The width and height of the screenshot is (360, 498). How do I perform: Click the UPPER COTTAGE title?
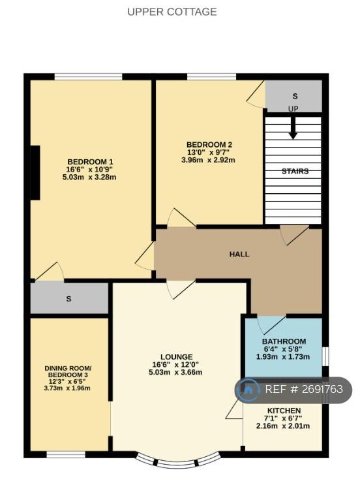(172, 12)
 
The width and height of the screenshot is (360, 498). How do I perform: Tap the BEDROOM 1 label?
(90, 162)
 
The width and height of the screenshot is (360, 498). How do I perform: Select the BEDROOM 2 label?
(209, 144)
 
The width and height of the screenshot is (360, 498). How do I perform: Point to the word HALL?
(239, 254)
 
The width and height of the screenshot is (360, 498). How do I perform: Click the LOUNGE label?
(177, 357)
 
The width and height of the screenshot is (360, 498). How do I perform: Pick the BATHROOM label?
(284, 341)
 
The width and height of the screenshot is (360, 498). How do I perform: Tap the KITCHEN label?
(284, 411)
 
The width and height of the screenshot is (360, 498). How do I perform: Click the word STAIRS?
(295, 171)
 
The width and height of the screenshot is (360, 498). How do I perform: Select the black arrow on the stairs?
(293, 128)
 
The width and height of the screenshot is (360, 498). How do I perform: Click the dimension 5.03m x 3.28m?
(89, 178)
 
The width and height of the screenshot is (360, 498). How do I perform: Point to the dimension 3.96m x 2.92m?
(208, 160)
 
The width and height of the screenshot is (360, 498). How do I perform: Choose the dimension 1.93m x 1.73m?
(283, 356)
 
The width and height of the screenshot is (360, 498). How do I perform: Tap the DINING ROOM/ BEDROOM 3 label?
(68, 375)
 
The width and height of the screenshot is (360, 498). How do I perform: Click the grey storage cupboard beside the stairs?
(293, 96)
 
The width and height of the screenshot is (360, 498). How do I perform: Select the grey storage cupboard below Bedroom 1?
(69, 298)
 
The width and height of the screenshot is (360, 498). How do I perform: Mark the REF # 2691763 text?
(304, 389)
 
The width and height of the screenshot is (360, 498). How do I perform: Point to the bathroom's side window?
(325, 356)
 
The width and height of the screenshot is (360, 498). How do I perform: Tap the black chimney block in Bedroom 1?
(35, 173)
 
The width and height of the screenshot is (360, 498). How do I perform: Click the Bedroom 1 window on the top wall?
(88, 76)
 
